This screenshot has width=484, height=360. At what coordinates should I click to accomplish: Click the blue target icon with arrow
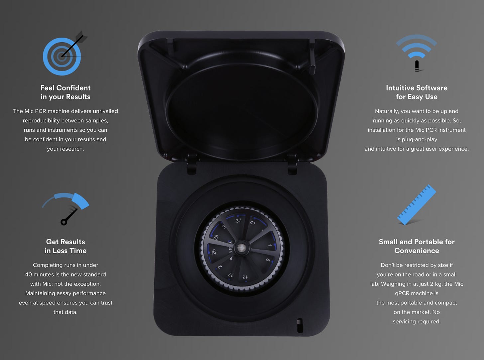62,56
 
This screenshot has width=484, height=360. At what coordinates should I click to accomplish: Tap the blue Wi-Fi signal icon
417,53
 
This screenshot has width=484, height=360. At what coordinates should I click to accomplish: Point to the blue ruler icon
417,205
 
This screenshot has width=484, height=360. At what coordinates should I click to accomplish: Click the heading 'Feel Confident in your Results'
65,92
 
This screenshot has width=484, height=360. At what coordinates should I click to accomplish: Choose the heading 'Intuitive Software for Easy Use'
417,92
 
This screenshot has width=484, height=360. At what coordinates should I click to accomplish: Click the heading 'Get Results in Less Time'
65,246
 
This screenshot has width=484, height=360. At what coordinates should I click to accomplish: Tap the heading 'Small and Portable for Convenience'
417,246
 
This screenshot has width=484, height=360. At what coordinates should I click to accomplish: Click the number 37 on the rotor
238,221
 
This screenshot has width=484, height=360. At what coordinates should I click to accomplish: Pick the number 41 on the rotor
253,223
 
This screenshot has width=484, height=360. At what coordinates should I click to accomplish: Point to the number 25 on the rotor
214,252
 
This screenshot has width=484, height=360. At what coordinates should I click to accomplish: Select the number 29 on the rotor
216,237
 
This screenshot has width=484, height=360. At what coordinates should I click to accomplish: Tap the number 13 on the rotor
245,277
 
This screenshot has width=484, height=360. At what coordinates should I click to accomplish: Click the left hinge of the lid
191,164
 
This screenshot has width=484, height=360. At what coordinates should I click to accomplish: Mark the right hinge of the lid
293,164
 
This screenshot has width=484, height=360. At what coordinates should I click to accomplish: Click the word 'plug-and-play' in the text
417,140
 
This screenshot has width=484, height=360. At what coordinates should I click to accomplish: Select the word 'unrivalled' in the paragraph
105,111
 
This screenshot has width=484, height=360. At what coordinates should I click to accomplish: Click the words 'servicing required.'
417,321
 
